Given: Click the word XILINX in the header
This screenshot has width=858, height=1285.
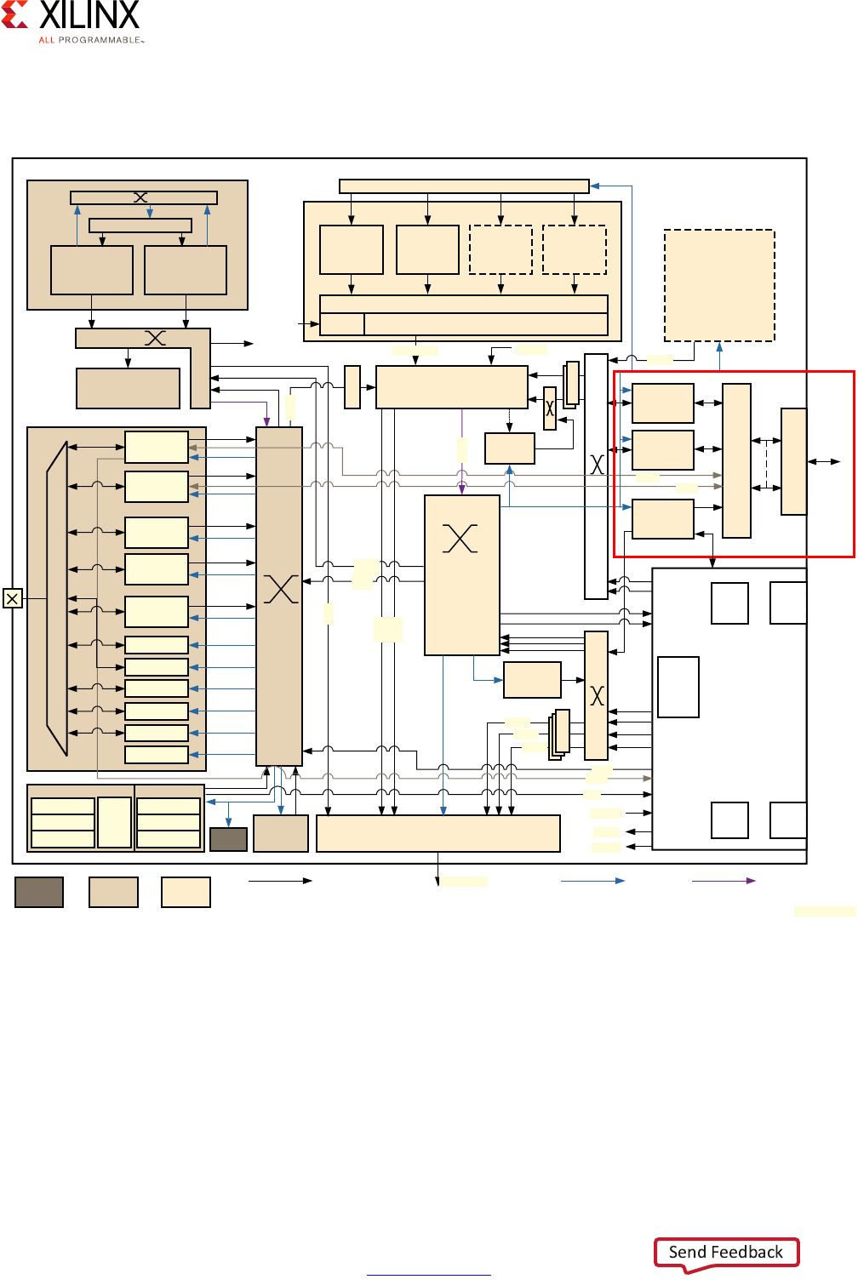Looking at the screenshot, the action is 89,14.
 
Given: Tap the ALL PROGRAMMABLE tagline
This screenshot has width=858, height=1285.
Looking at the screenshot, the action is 91,40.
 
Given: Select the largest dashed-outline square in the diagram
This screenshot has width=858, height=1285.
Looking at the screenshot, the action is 719,286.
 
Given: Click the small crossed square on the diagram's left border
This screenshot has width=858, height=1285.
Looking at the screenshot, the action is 12,598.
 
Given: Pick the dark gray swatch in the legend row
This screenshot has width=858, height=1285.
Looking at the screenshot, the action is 39,892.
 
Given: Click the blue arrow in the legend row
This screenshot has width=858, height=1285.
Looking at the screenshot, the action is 592,881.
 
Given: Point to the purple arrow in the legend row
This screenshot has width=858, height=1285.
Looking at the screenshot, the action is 724,881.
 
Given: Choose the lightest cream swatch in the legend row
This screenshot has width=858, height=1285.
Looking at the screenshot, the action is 186,892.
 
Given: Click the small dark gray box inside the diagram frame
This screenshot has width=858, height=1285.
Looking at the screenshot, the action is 228,839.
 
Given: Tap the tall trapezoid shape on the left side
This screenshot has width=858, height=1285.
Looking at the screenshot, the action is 57,598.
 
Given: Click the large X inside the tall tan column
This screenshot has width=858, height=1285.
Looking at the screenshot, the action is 281,589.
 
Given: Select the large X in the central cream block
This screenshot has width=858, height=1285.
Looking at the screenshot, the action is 460,538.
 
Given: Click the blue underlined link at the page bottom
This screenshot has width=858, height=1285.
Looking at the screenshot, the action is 429,1275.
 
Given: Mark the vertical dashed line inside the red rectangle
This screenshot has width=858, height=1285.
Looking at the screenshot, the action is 766,464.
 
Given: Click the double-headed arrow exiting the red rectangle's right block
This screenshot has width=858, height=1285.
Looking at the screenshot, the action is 824,461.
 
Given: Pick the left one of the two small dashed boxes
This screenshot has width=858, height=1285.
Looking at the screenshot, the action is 500,249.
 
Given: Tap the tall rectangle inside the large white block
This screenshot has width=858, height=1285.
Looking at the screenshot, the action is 678,687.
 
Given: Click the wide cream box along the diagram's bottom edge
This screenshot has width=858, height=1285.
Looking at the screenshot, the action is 438,833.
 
